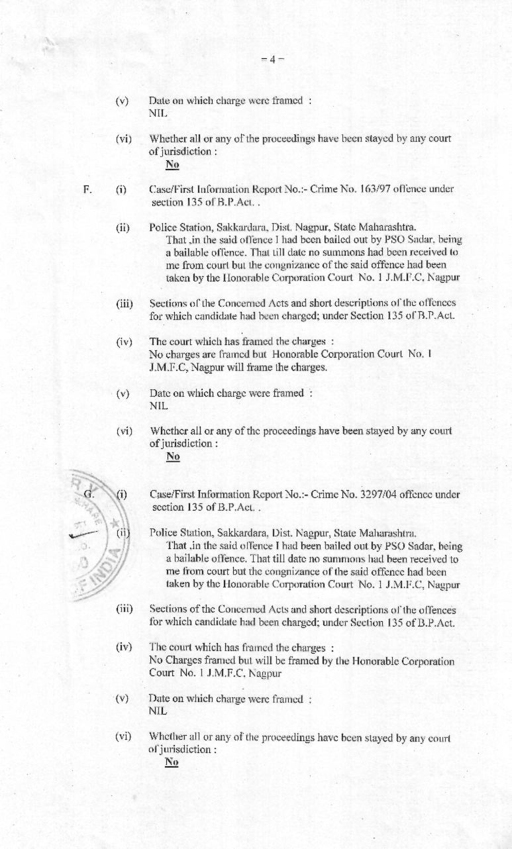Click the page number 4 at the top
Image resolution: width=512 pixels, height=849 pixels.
tap(272, 58)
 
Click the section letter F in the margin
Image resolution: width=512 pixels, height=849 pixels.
tap(87, 189)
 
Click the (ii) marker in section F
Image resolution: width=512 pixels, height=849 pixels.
tap(123, 227)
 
